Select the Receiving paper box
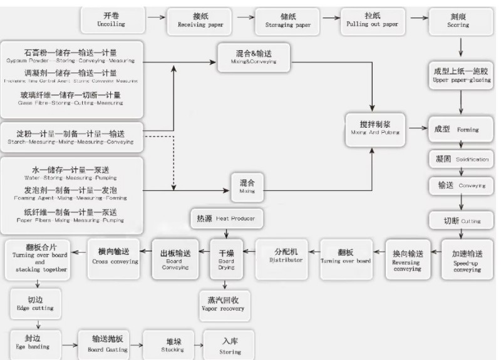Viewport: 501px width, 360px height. click(x=200, y=21)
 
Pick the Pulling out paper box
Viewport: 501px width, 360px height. click(x=372, y=21)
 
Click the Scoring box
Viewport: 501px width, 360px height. click(x=458, y=21)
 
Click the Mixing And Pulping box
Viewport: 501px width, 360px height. click(x=374, y=128)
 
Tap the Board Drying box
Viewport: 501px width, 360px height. click(x=225, y=257)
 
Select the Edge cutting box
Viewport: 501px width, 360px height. click(x=34, y=303)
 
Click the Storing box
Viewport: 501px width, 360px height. click(x=229, y=344)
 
